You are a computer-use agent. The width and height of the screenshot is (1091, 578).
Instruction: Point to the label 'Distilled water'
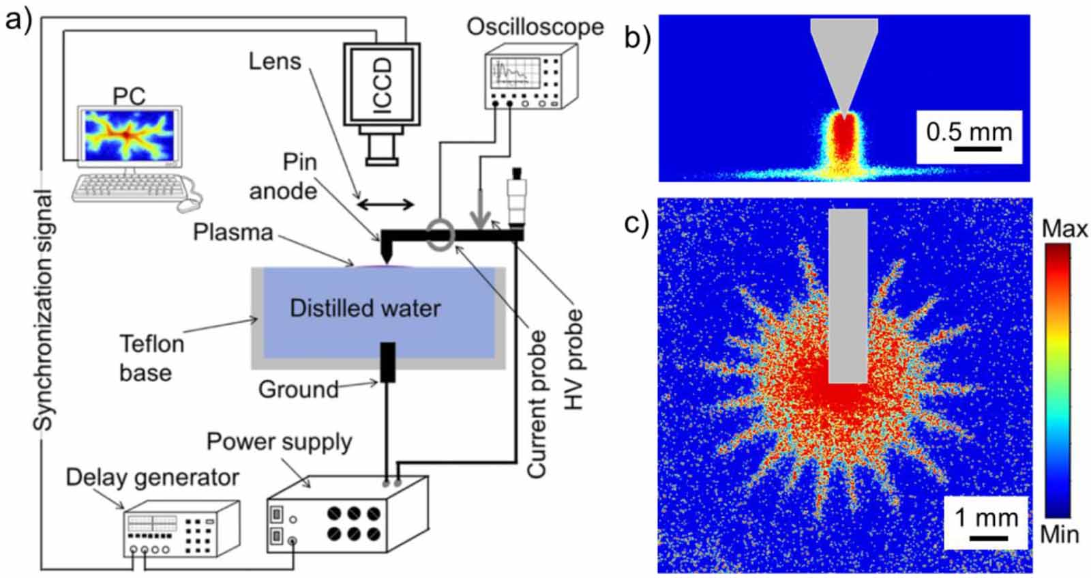365,308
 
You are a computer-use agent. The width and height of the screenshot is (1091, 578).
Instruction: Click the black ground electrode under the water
387,362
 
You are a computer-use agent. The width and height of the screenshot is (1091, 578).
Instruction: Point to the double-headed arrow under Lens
387,203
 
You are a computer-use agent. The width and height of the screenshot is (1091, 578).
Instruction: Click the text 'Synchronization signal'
43,310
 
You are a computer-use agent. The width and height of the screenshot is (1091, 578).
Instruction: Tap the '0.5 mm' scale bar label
968,131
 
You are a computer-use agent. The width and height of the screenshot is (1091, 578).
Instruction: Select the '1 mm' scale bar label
986,518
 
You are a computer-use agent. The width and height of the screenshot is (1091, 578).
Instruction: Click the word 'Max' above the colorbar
1064,229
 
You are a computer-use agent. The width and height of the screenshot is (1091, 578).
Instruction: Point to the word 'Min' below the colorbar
1059,534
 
